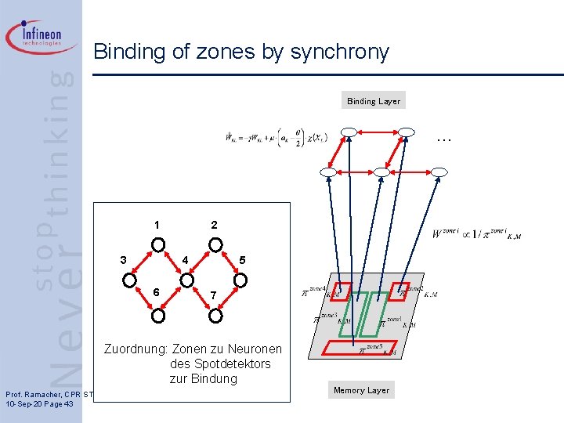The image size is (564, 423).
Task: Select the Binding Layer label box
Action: (x=374, y=101)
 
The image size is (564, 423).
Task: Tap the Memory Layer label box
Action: (x=361, y=390)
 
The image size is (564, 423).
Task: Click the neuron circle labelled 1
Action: (x=158, y=244)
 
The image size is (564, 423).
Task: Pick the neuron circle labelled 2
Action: (x=215, y=244)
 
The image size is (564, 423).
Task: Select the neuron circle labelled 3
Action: (x=131, y=278)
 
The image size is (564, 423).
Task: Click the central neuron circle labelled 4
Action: (x=187, y=278)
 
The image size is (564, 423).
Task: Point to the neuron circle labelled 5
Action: (x=241, y=278)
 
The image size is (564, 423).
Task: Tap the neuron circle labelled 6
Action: (x=158, y=315)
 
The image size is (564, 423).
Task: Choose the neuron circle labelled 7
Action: (x=215, y=315)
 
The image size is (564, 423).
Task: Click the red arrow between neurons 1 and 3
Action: (x=145, y=261)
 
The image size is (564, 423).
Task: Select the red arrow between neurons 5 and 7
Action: (x=228, y=297)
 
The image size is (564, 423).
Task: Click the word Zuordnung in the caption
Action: (x=136, y=349)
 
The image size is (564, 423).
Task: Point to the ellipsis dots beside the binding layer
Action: (x=443, y=139)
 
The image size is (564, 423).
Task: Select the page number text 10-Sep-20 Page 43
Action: (x=39, y=403)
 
